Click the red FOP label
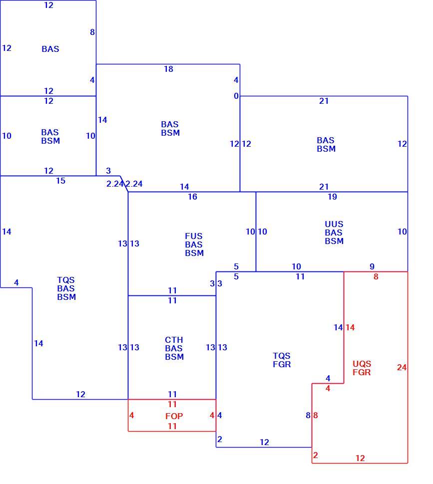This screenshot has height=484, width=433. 174,416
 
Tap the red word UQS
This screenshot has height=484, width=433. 362,364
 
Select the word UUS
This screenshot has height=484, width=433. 334,224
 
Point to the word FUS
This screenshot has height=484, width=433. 194,236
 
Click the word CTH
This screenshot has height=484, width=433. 174,340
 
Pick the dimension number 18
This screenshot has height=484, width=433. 168,69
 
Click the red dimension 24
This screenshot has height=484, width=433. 402,367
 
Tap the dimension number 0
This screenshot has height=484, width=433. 236,96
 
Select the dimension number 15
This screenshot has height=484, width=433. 60,181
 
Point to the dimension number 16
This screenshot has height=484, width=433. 192,197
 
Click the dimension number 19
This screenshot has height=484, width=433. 332,197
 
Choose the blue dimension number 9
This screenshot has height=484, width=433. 372,266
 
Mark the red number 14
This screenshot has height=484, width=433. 350,327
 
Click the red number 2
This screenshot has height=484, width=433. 315,455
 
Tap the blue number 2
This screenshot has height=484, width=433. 220,439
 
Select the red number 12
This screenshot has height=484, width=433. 360,458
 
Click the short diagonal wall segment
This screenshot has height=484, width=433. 124,184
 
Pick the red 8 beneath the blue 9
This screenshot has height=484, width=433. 376,276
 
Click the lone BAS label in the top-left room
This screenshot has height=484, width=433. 50,49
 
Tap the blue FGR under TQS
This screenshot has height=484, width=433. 282,364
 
